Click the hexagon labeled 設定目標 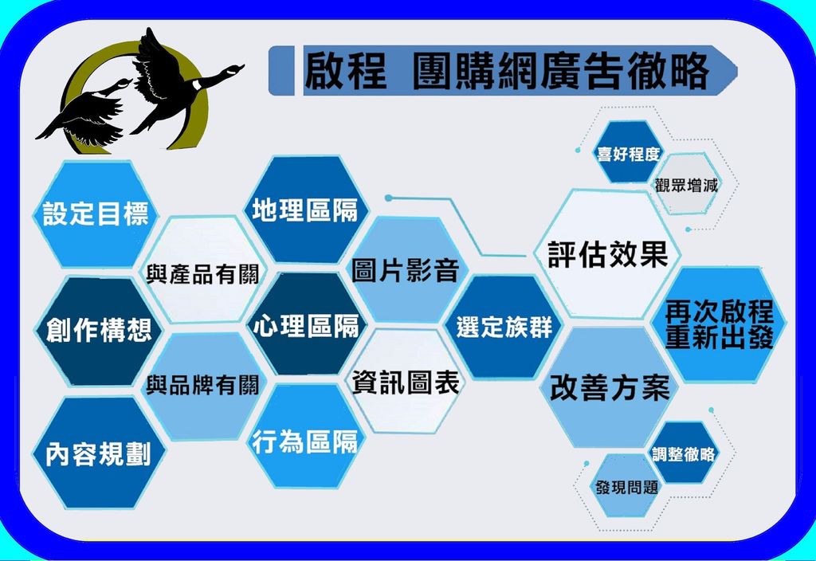click(x=96, y=214)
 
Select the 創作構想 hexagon click(x=98, y=331)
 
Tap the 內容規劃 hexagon click(x=98, y=453)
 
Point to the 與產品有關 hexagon click(x=202, y=271)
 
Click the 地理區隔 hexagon click(x=306, y=210)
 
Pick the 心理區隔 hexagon click(x=307, y=324)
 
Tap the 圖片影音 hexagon click(x=406, y=269)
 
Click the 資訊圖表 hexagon click(x=405, y=382)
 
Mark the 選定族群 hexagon click(x=504, y=327)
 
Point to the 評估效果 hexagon click(x=608, y=254)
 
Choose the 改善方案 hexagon click(x=610, y=387)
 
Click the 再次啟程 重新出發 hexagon click(x=719, y=324)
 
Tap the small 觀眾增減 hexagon click(x=686, y=184)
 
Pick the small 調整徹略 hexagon click(x=683, y=453)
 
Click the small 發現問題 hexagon click(x=626, y=486)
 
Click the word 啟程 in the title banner click(x=346, y=70)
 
